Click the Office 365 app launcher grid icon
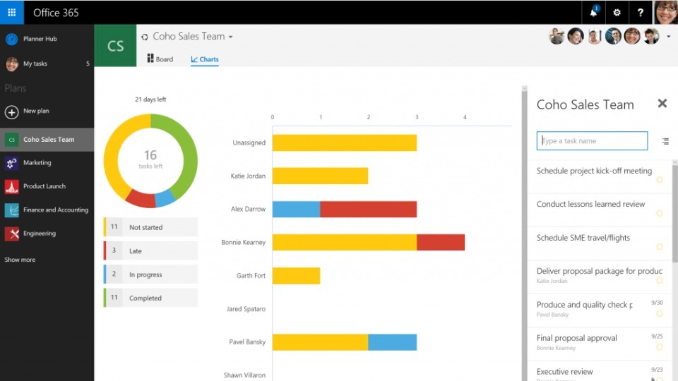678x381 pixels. [x=11, y=12]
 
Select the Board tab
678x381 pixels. [x=160, y=59]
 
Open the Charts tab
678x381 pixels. [x=205, y=59]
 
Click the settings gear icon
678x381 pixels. [x=617, y=12]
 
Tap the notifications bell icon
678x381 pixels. [x=593, y=12]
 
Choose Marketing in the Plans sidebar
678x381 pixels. [x=37, y=163]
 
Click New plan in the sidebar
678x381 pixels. [x=35, y=111]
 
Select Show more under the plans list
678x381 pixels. [x=20, y=260]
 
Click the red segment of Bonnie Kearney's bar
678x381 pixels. [x=441, y=242]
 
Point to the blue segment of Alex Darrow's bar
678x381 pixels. [x=296, y=209]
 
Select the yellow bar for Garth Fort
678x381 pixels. [x=296, y=276]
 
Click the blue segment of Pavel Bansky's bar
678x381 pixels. [x=392, y=342]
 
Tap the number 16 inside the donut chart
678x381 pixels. [x=150, y=155]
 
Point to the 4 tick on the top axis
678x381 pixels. [x=465, y=117]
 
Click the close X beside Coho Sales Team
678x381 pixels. [x=662, y=104]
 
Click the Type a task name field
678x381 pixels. [x=592, y=141]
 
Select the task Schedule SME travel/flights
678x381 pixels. [x=583, y=238]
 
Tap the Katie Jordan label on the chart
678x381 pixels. [x=248, y=176]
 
